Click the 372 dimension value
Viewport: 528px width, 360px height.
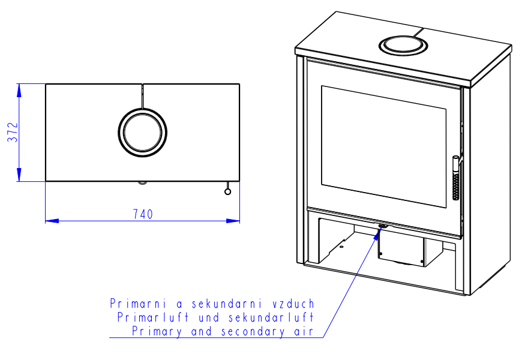[x=13, y=132]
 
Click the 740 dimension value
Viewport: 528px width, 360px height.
[x=143, y=214]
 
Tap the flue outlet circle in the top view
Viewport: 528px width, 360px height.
[x=142, y=133]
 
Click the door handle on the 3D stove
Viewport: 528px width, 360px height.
[x=455, y=178]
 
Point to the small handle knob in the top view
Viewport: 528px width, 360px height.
[x=227, y=191]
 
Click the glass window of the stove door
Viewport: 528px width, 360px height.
[x=383, y=147]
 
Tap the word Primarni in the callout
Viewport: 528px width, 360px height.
[x=139, y=304]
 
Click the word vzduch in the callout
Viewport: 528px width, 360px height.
[x=293, y=304]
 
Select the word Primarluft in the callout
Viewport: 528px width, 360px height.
[x=153, y=317]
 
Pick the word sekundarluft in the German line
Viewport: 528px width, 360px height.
[x=271, y=317]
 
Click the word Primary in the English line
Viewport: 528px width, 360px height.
[x=157, y=331]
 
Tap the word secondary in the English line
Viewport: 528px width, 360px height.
[x=253, y=331]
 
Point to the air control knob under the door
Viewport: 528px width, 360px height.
[x=383, y=226]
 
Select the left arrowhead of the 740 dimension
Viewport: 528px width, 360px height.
[x=52, y=221]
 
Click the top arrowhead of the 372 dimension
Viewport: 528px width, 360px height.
[x=19, y=90]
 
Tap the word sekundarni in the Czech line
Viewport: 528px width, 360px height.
[x=227, y=304]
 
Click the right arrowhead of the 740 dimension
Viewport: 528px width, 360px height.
[x=233, y=221]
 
